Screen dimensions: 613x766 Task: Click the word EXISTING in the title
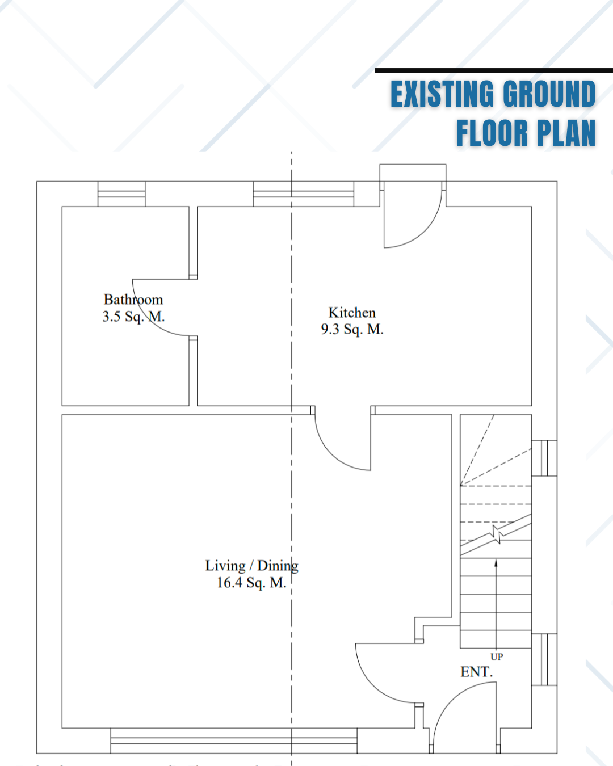[x=442, y=94]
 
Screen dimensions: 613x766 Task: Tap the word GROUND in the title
[x=549, y=94]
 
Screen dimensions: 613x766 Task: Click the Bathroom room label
[x=133, y=300]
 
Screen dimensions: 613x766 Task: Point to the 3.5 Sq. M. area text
[x=133, y=317]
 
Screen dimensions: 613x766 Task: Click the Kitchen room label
[x=352, y=313]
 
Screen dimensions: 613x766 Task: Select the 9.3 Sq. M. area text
[x=352, y=329]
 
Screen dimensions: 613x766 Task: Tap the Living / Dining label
[x=251, y=566]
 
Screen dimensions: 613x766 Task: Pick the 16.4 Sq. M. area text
[x=251, y=583]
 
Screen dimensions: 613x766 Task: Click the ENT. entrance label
[x=477, y=672]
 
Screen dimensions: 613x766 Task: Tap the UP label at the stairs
[x=497, y=656]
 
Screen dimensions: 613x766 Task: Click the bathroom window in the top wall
[x=121, y=194]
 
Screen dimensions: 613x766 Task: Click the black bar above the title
[x=494, y=70]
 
